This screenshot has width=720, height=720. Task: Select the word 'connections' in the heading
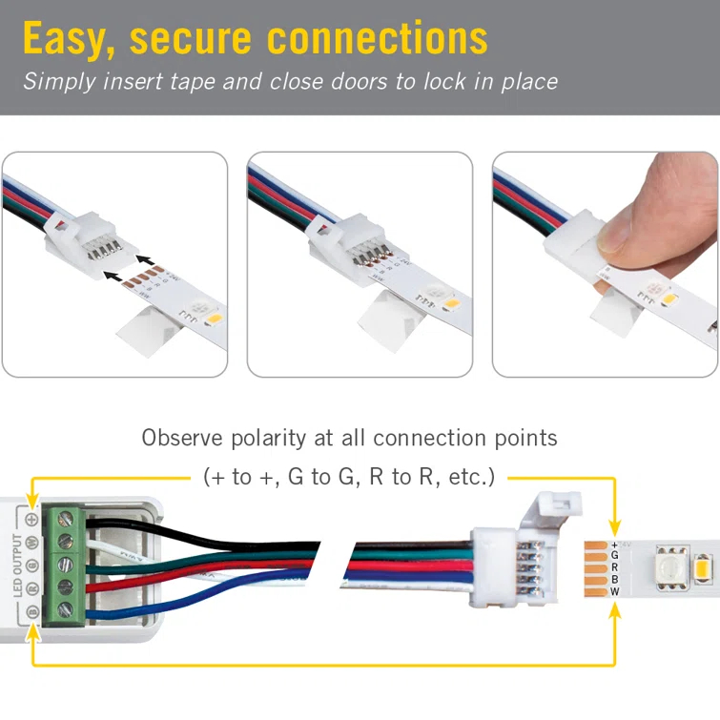377,38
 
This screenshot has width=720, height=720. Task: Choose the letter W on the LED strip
615,591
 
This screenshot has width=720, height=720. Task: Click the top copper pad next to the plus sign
595,543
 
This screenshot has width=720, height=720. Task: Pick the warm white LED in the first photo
211,316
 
